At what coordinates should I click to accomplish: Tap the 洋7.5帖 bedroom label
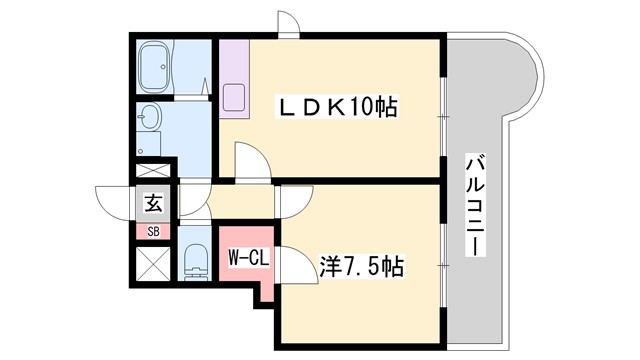pos(361,267)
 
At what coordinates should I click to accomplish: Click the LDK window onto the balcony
pos(443,110)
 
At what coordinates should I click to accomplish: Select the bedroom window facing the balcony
pos(443,262)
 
